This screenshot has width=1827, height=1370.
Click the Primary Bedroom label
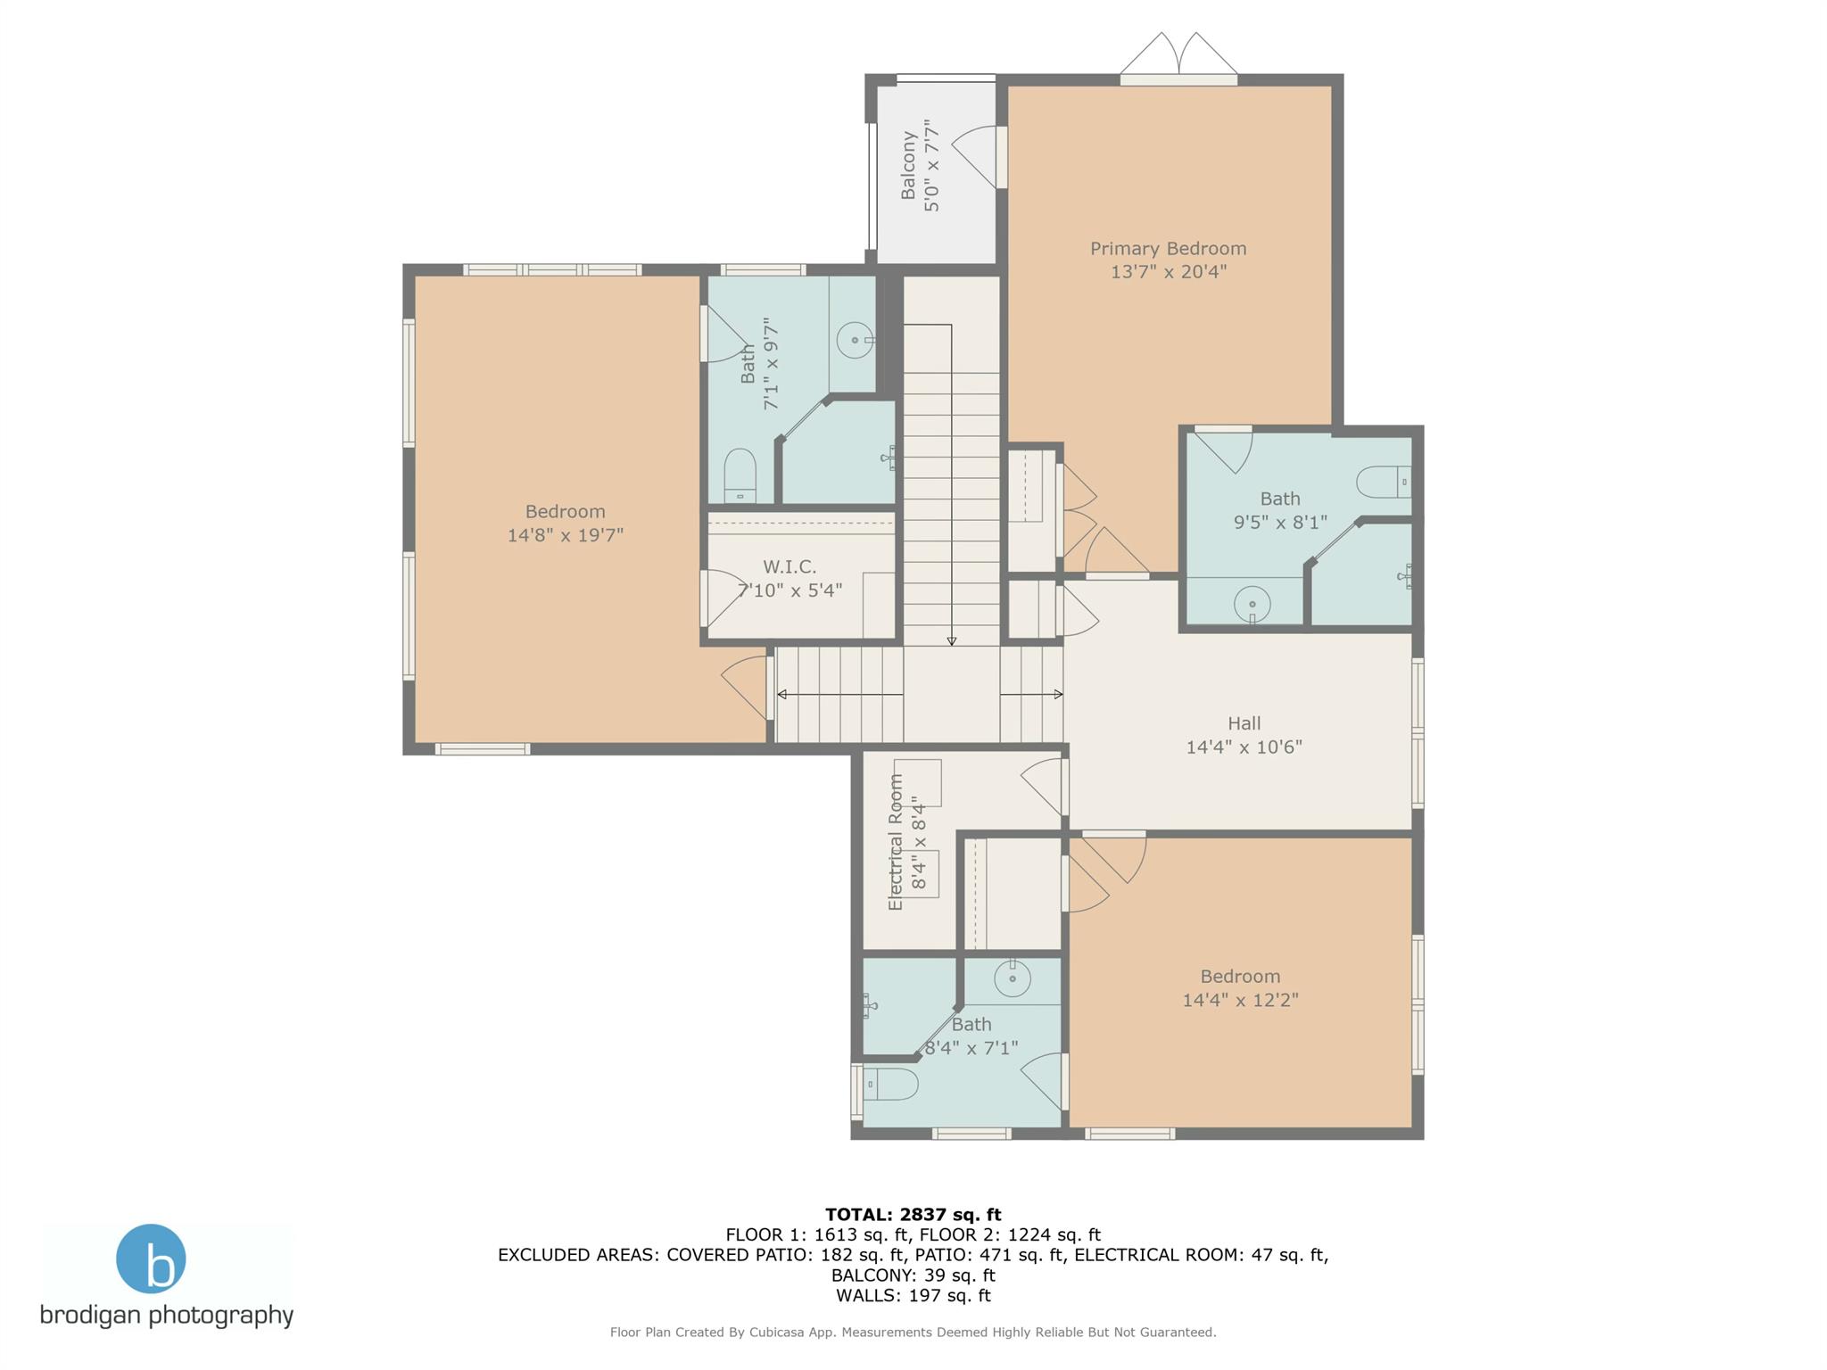click(x=1168, y=249)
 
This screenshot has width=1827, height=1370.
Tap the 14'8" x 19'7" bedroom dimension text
click(x=565, y=535)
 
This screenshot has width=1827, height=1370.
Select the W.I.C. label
click(x=789, y=566)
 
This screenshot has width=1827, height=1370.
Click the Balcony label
click(x=908, y=166)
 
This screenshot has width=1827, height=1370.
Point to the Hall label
click(x=1244, y=723)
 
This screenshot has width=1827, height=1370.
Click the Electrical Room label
click(x=896, y=842)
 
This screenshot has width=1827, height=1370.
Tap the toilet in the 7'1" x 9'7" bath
click(x=740, y=476)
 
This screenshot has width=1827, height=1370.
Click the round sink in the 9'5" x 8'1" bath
click(x=1252, y=604)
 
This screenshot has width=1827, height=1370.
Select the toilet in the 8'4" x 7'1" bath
click(x=892, y=1085)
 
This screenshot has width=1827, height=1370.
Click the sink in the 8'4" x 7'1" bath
click(x=1013, y=978)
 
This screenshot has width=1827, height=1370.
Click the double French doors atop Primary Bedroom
click(x=1178, y=55)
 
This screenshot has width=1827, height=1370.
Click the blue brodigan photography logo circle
click(x=151, y=1259)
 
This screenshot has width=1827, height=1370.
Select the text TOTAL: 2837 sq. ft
click(x=913, y=1214)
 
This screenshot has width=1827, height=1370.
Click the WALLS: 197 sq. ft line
click(x=913, y=1295)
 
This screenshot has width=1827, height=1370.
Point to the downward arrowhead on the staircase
click(x=951, y=640)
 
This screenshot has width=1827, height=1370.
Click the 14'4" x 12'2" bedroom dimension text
click(x=1240, y=1000)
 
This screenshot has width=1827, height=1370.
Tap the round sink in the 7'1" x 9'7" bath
click(x=855, y=340)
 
